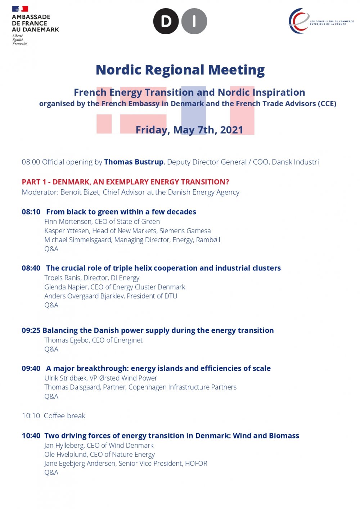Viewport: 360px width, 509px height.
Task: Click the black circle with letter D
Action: [166, 22]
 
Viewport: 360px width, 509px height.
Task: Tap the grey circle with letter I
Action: [194, 22]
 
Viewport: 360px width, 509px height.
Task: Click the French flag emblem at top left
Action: [20, 9]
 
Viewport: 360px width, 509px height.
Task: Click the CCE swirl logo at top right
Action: [299, 21]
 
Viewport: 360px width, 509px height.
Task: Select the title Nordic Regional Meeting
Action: [180, 70]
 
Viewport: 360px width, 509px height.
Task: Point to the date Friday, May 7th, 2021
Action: [189, 130]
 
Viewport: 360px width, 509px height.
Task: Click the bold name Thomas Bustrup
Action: [134, 162]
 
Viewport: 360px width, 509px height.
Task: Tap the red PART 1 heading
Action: [125, 182]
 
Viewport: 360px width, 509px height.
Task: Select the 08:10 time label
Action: [31, 212]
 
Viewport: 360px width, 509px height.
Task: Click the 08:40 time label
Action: [31, 268]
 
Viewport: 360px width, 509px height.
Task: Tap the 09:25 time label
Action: [31, 330]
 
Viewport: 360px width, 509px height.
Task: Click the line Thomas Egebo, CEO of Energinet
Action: [93, 340]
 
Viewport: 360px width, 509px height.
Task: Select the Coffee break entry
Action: [64, 416]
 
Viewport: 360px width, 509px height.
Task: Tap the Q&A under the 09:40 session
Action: [51, 396]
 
